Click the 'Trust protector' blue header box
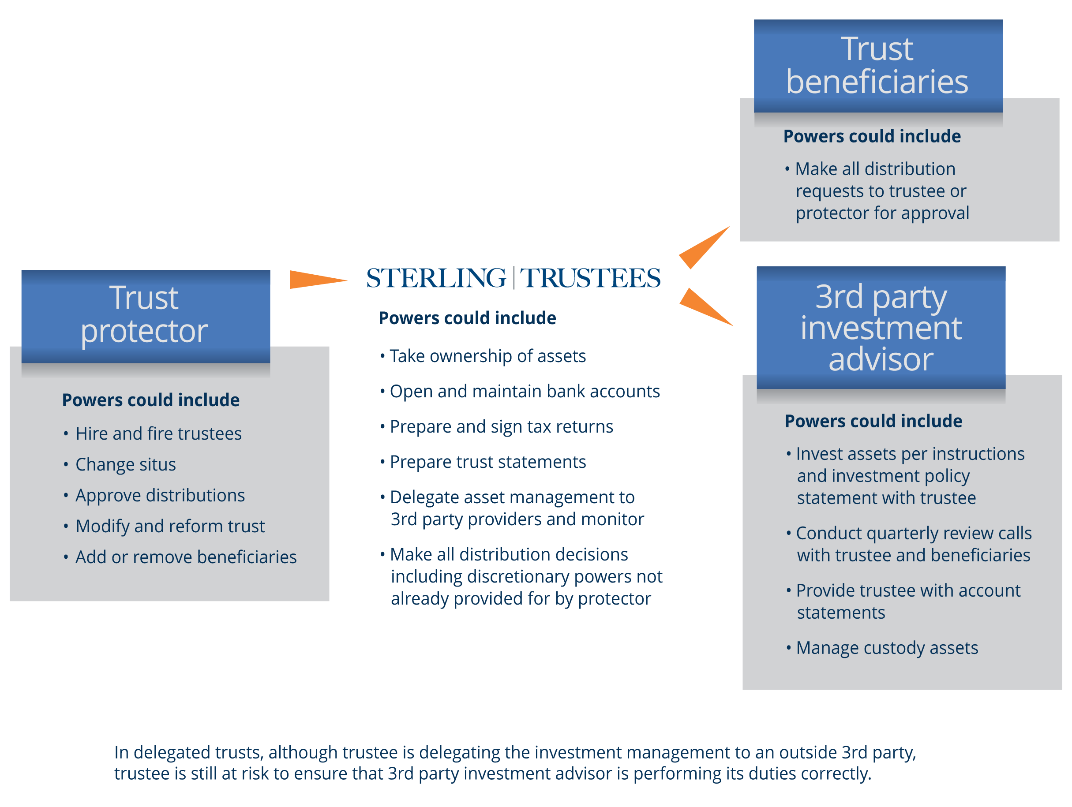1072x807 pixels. click(x=146, y=316)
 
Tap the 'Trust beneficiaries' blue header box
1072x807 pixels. click(x=877, y=66)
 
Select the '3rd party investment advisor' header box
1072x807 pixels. click(x=881, y=328)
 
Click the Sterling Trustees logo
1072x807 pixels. click(x=513, y=278)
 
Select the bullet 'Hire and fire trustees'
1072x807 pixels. click(x=158, y=433)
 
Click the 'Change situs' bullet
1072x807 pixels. click(x=126, y=464)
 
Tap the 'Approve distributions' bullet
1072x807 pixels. click(x=160, y=496)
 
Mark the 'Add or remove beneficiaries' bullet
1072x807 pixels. click(x=186, y=557)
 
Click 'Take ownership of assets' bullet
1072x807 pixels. click(x=487, y=356)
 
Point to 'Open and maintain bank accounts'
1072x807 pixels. click(x=525, y=392)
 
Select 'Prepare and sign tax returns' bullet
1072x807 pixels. click(x=501, y=427)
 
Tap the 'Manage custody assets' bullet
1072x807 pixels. click(x=886, y=648)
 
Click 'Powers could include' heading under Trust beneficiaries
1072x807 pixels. click(x=872, y=137)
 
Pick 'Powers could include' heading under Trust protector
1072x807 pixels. click(x=151, y=400)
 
